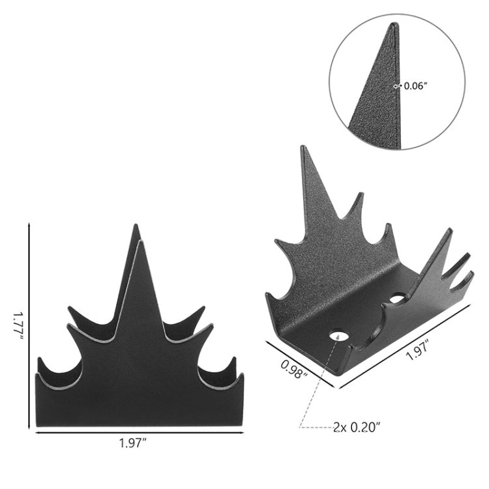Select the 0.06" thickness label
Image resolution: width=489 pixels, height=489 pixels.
tap(415, 85)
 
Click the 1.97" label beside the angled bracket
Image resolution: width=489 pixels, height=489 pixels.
tap(419, 355)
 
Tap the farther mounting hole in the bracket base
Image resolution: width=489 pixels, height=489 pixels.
tap(396, 299)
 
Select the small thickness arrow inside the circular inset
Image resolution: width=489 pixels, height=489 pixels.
tap(397, 85)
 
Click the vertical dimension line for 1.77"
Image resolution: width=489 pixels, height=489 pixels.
tap(29, 326)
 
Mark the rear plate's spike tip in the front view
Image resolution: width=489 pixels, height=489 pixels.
tap(136, 226)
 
